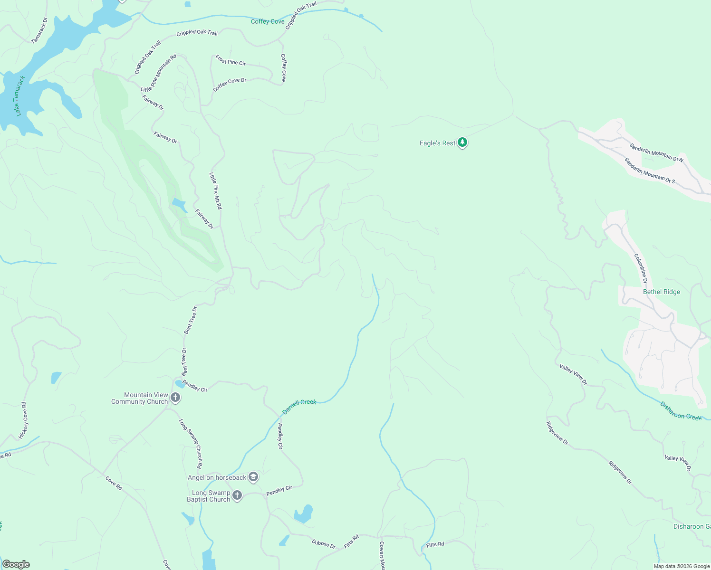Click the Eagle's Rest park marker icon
click(x=462, y=142)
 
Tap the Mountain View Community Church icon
click(x=175, y=398)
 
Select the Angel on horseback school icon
click(x=253, y=477)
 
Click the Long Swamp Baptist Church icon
click(x=237, y=496)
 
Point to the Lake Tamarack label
click(x=19, y=96)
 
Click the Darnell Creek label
click(x=299, y=407)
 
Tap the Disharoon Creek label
click(x=681, y=411)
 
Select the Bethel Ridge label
click(x=661, y=292)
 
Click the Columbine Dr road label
click(x=641, y=268)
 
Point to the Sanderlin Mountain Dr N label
click(x=656, y=152)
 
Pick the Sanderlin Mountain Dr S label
click(x=649, y=171)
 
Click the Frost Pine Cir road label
click(x=231, y=60)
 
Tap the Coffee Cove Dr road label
click(x=230, y=85)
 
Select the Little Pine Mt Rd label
click(x=215, y=191)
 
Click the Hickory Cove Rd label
click(x=23, y=420)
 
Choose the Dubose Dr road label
click(x=323, y=543)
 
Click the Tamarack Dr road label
click(x=39, y=31)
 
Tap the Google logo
click(x=16, y=564)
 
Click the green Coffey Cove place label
click(x=268, y=21)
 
